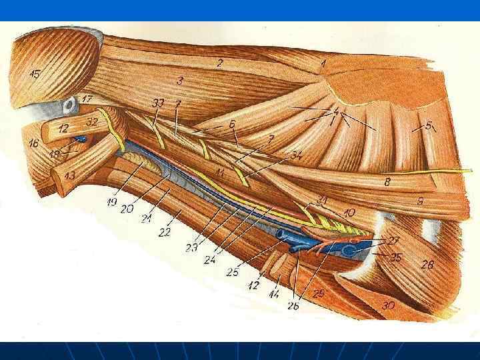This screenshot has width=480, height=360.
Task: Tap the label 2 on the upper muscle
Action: (219, 63)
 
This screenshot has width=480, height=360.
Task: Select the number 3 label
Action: (180, 81)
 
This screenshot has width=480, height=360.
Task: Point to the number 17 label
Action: (87, 99)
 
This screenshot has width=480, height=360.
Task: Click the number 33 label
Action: (158, 103)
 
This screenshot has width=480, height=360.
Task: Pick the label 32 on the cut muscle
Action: (92, 122)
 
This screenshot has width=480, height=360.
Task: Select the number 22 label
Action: (165, 231)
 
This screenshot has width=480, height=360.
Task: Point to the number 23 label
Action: (192, 248)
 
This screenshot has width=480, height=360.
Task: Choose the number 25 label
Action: (232, 272)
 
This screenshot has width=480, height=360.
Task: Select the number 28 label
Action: (427, 265)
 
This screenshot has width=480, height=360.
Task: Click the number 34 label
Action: (296, 155)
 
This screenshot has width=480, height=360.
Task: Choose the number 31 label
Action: (323, 200)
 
